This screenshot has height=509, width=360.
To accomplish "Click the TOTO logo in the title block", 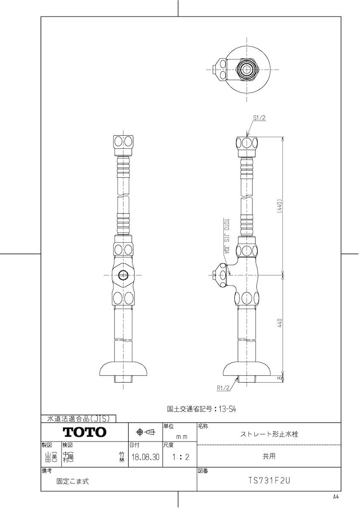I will [84, 432].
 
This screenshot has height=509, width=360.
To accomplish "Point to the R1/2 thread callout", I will [222, 387].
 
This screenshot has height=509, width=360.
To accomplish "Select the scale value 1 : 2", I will [179, 457].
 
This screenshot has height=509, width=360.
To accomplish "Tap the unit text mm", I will [182, 436].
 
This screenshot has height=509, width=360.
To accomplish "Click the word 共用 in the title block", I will [269, 456].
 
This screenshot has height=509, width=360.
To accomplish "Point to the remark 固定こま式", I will [73, 481].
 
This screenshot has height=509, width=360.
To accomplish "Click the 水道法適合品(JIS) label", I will [78, 419].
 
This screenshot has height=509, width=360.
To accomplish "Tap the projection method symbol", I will [145, 432].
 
